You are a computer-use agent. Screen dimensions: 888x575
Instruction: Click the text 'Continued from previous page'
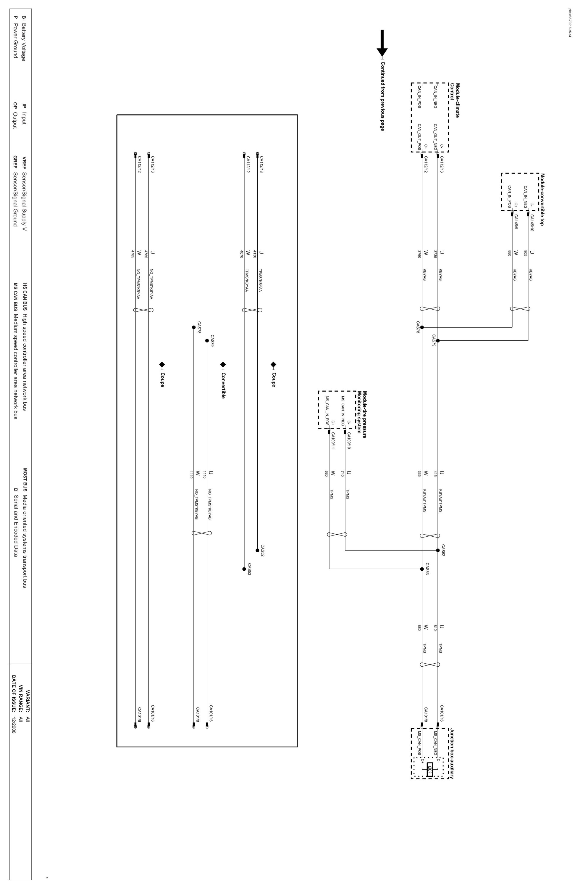(382, 96)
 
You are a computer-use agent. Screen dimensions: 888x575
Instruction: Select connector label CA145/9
(516, 222)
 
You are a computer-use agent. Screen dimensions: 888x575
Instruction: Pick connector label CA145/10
(532, 223)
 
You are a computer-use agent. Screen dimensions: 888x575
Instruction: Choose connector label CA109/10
(349, 440)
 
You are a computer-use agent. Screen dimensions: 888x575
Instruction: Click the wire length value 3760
(419, 254)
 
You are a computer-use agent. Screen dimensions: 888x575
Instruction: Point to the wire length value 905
(525, 253)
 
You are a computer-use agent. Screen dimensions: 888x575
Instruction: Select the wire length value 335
(419, 474)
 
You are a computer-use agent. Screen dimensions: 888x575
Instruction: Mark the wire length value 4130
(255, 254)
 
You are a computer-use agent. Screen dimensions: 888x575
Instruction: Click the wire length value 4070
(241, 254)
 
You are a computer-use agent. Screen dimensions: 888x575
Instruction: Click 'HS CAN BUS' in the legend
(25, 297)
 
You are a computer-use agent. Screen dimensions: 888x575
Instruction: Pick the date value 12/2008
(14, 725)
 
